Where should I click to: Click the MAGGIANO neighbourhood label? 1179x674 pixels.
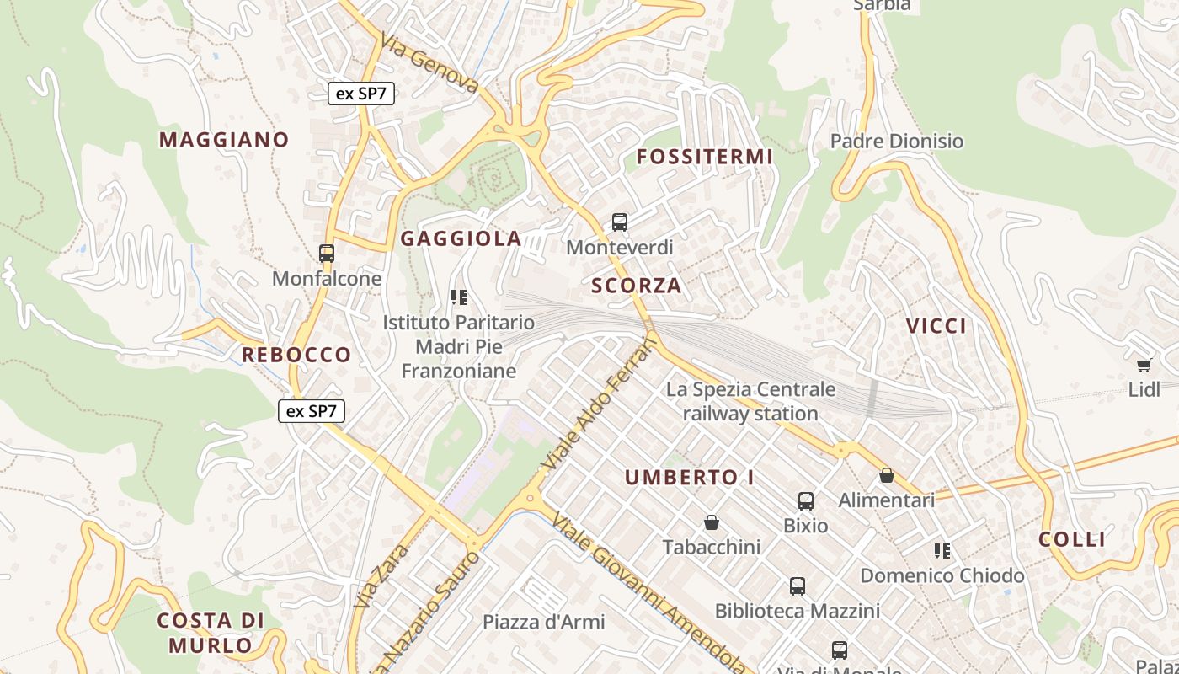(x=224, y=140)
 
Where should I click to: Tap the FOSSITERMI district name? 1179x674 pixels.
(x=704, y=157)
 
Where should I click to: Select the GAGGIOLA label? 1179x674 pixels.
(x=461, y=238)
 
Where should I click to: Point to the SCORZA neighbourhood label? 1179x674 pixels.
(x=637, y=286)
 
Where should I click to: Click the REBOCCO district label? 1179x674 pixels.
(x=296, y=355)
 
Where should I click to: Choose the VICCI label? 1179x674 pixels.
(x=936, y=326)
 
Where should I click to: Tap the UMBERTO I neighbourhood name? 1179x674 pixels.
(x=690, y=478)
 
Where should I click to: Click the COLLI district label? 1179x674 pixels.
(x=1072, y=539)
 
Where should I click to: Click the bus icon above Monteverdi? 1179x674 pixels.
(x=620, y=222)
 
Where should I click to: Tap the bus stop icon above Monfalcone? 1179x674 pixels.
(x=327, y=253)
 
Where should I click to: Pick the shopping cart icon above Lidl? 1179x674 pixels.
(x=1144, y=365)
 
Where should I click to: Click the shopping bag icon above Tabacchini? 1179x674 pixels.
(x=712, y=522)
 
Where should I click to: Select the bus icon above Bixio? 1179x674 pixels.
(x=806, y=501)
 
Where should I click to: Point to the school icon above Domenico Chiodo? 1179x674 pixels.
(x=942, y=551)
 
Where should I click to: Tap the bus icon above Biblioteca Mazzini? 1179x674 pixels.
(x=798, y=586)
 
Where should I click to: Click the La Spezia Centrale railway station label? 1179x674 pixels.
(x=750, y=401)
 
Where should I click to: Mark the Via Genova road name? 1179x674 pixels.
(x=429, y=63)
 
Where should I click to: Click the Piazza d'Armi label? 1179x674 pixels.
(x=543, y=623)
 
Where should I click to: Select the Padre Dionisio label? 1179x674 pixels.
(x=897, y=141)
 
